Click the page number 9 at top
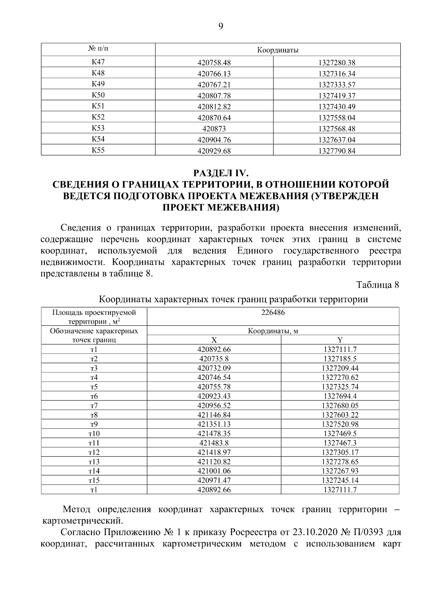click(220, 26)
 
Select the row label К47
click(98, 62)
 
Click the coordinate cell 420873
click(214, 129)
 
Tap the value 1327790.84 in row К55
click(337, 151)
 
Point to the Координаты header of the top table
click(278, 50)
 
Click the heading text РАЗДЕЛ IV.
click(221, 173)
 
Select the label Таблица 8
click(378, 285)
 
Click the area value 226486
click(273, 312)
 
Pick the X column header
click(214, 340)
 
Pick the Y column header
click(340, 340)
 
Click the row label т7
click(94, 406)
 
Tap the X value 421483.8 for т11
click(214, 443)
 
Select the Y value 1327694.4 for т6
click(340, 396)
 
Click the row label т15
click(94, 480)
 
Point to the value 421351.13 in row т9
click(214, 424)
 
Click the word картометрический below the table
click(83, 521)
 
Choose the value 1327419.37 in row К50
click(337, 96)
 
